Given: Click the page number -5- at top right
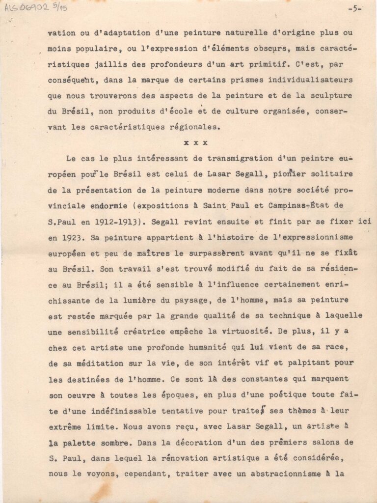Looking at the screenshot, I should tap(353, 8).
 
